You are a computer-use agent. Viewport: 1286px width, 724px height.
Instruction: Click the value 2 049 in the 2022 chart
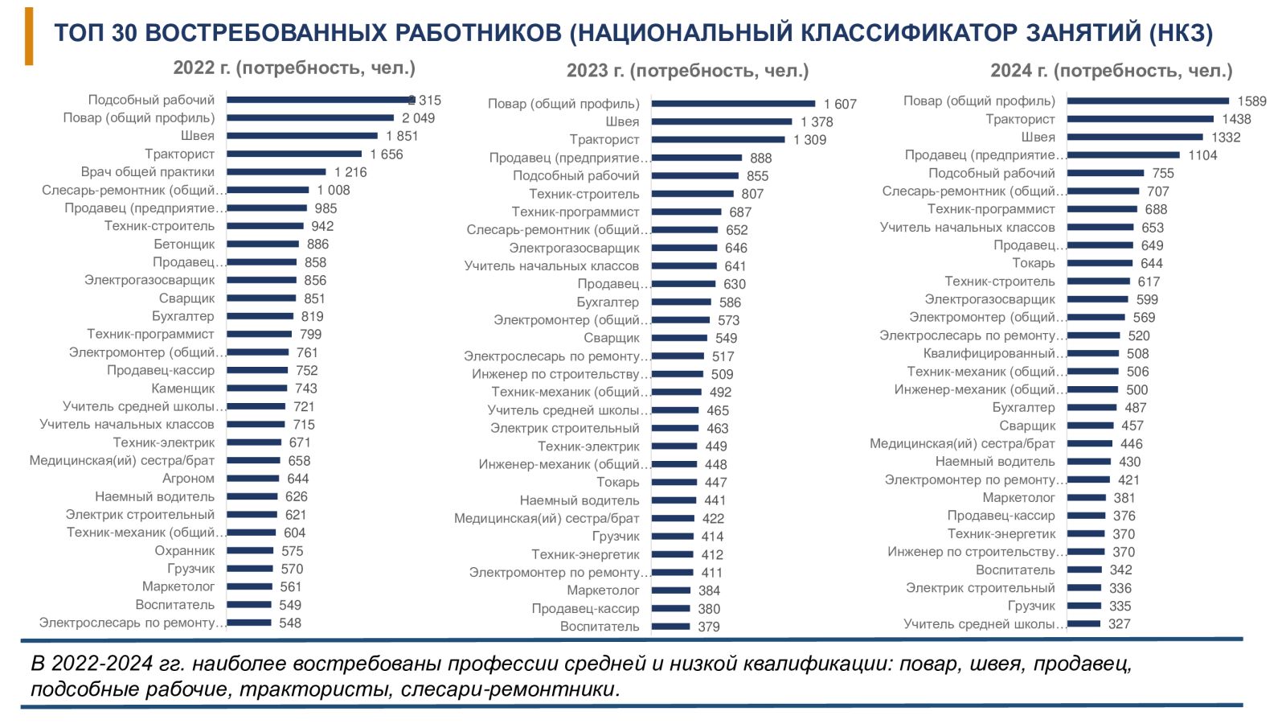point(418,118)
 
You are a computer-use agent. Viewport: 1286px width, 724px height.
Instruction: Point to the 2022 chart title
point(294,68)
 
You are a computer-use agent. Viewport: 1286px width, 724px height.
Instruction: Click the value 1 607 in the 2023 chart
point(840,104)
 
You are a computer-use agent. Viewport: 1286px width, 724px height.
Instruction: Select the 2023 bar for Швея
point(721,121)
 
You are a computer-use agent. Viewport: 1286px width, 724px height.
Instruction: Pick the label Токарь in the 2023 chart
point(617,482)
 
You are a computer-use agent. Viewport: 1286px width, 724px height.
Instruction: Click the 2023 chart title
point(687,71)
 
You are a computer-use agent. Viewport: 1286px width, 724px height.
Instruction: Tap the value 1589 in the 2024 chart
point(1251,101)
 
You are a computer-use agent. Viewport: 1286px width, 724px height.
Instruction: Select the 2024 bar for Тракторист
point(1140,119)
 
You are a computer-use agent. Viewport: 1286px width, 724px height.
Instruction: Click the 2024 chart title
point(1111,71)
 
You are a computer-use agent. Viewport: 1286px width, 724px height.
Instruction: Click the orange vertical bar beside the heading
point(29,36)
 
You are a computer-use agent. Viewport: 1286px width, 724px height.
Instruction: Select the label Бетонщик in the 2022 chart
point(184,244)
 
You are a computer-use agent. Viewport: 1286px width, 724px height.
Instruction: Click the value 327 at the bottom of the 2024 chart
point(1119,623)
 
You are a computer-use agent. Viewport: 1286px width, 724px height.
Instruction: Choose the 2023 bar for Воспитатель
point(670,626)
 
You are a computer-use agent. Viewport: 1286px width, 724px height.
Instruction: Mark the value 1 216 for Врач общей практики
point(350,172)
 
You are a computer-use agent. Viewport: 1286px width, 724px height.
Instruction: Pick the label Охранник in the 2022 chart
point(184,551)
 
